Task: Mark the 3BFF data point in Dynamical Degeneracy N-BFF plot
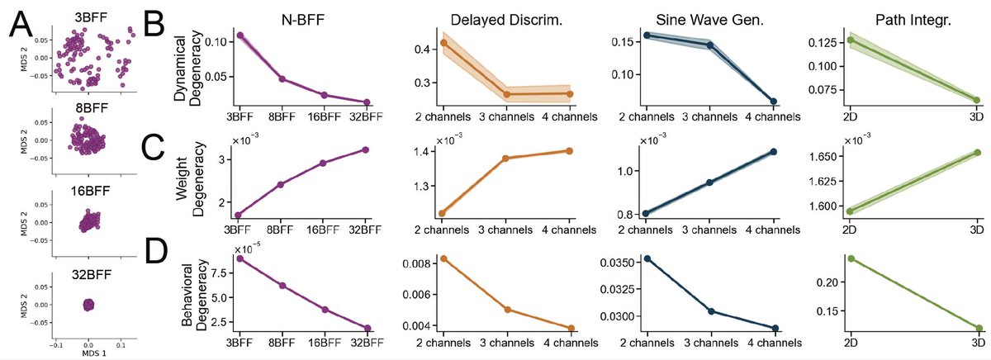tap(239, 36)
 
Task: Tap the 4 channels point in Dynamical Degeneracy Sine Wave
tap(772, 102)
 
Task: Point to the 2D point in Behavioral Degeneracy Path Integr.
tap(851, 258)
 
